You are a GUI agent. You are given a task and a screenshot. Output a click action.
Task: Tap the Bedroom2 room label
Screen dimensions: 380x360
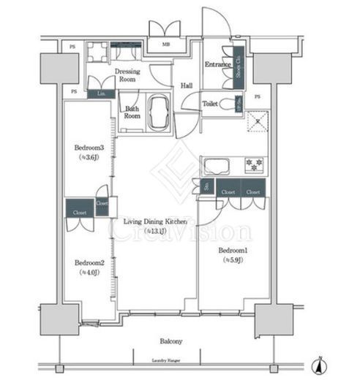pyautogui.click(x=88, y=262)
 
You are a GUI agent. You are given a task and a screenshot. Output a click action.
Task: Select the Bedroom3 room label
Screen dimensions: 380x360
pyautogui.click(x=88, y=148)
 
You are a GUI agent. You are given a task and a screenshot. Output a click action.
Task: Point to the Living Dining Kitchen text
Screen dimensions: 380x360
pyautogui.click(x=155, y=221)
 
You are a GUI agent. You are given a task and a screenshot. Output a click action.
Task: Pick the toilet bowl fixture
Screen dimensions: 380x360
pyautogui.click(x=233, y=104)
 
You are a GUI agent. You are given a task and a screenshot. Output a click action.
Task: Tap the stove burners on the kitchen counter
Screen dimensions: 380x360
pyautogui.click(x=253, y=164)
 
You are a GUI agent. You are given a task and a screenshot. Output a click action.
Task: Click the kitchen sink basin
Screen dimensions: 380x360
pyautogui.click(x=217, y=164)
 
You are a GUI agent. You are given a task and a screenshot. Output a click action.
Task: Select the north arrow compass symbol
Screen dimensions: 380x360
pyautogui.click(x=320, y=362)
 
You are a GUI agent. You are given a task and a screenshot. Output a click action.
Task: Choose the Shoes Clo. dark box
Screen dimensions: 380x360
pyautogui.click(x=238, y=62)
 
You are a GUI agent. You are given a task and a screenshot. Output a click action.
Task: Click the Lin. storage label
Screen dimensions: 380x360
pyautogui.click(x=100, y=94)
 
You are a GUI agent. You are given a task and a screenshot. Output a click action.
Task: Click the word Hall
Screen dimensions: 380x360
pyautogui.click(x=186, y=86)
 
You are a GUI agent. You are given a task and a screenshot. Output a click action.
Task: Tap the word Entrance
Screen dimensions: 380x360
pyautogui.click(x=217, y=64)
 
